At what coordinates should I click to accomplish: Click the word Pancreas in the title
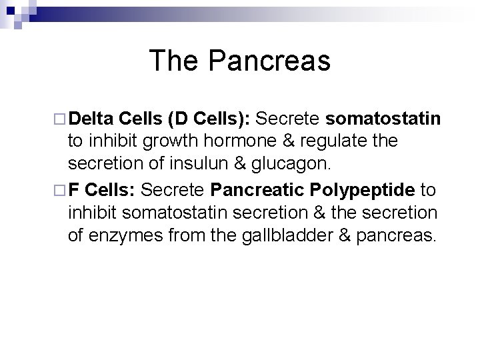(269, 61)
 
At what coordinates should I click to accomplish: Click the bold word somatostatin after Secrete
(383, 119)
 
